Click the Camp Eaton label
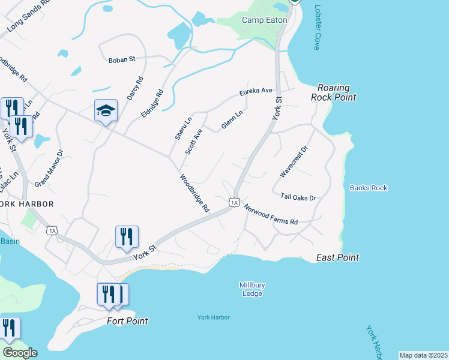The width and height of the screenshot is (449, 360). tap(264, 20)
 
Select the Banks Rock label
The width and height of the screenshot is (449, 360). tap(369, 188)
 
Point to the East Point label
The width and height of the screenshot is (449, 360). tap(337, 257)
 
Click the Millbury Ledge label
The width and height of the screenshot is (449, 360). tap(252, 289)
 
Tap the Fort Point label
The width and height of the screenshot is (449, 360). tap(127, 321)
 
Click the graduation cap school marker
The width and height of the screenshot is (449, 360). tap(106, 111)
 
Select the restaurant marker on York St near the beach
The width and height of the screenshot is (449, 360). tap(127, 236)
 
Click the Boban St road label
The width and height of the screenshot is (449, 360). tap(122, 60)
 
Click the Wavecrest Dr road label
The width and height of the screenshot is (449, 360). tap(294, 161)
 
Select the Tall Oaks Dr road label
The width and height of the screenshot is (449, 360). tap(298, 197)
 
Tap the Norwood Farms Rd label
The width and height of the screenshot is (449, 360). tap(270, 214)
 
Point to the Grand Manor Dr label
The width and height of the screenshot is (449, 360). tap(49, 167)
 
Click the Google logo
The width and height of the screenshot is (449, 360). tap(20, 353)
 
